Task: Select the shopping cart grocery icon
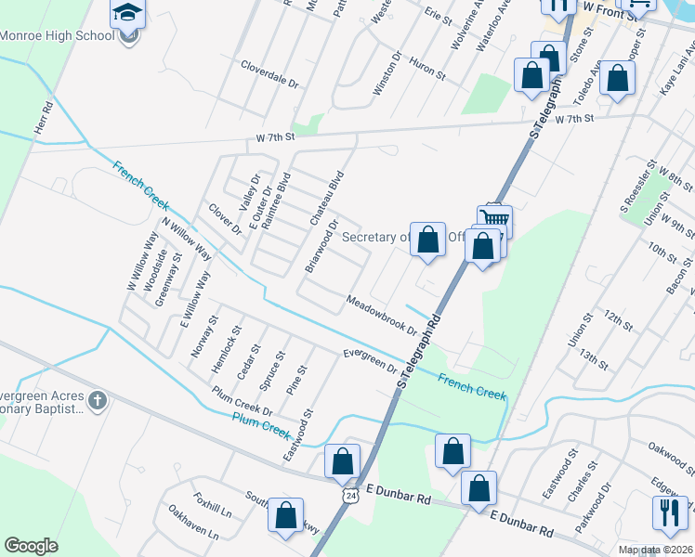click(495, 219)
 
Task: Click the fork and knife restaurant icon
click(670, 511)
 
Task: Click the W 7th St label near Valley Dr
click(275, 137)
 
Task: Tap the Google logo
click(32, 545)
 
